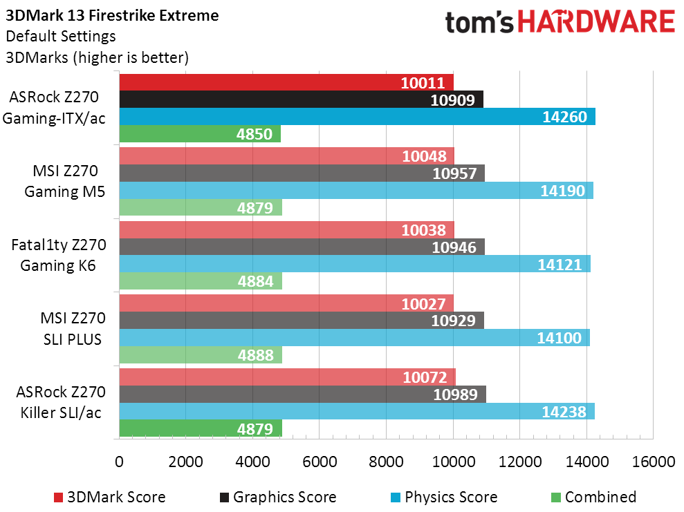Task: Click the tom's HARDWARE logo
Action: point(560,23)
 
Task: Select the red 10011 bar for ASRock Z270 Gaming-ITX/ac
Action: point(286,82)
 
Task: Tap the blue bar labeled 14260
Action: point(357,117)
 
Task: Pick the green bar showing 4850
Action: point(200,134)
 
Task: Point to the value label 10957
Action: point(454,173)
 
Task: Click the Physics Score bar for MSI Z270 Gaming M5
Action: point(356,190)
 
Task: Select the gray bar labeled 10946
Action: point(302,246)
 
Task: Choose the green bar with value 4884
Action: point(201,281)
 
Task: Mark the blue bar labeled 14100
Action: point(354,337)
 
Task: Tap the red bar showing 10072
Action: point(287,377)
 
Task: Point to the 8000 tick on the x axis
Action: point(386,462)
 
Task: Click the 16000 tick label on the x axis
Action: point(653,462)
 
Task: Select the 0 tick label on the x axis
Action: point(120,462)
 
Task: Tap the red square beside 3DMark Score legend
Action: point(59,497)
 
